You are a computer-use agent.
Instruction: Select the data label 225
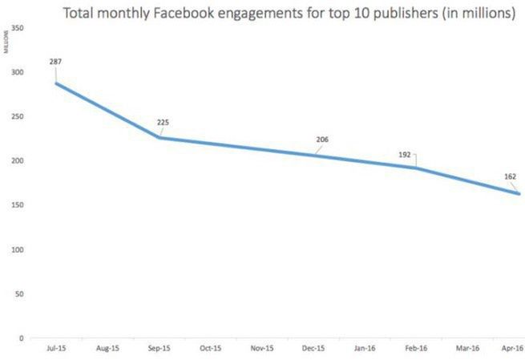pyautogui.click(x=163, y=123)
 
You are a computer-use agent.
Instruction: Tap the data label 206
pyautogui.click(x=322, y=139)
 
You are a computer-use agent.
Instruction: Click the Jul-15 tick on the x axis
pyautogui.click(x=56, y=349)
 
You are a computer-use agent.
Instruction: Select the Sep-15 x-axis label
pyautogui.click(x=160, y=349)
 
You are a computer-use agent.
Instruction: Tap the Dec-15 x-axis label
pyautogui.click(x=313, y=349)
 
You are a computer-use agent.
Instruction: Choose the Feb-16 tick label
pyautogui.click(x=416, y=349)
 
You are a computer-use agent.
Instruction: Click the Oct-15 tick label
pyautogui.click(x=211, y=349)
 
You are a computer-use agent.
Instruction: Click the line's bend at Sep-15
pyautogui.click(x=160, y=138)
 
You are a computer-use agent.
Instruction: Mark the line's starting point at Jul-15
pyautogui.click(x=56, y=83)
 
